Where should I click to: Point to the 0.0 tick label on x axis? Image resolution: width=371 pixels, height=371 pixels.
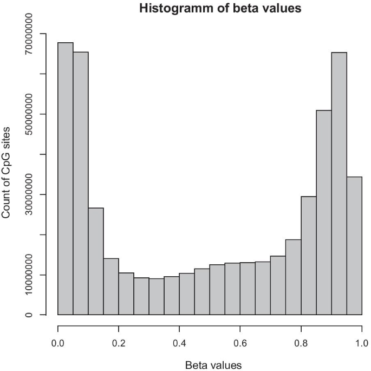(x=57, y=343)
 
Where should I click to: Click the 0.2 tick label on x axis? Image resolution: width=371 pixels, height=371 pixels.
(x=119, y=343)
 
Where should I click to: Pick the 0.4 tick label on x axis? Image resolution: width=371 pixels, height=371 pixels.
(x=179, y=343)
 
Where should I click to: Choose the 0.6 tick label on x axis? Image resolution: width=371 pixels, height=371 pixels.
(x=240, y=343)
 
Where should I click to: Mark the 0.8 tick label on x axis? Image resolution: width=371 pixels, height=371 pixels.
(x=301, y=343)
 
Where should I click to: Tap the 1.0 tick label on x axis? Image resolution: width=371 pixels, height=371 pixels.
(x=362, y=343)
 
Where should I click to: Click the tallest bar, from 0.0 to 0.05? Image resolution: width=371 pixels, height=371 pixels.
(x=66, y=179)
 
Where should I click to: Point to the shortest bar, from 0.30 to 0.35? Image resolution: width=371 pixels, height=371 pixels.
(x=157, y=297)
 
